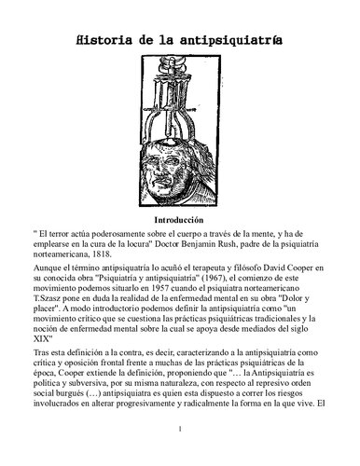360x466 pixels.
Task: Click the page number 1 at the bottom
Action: coord(179,453)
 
